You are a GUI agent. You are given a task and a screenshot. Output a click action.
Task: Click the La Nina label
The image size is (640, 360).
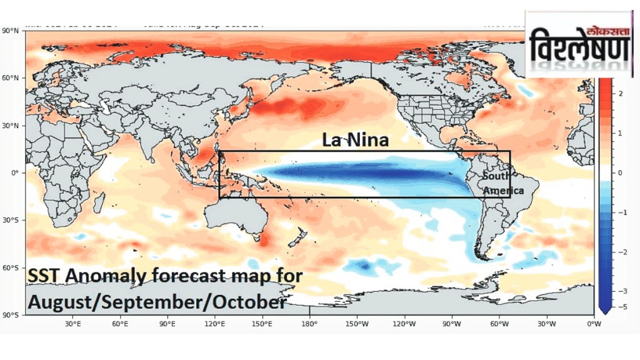click(355, 140)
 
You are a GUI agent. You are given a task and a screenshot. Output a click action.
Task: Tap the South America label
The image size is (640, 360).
click(502, 183)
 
